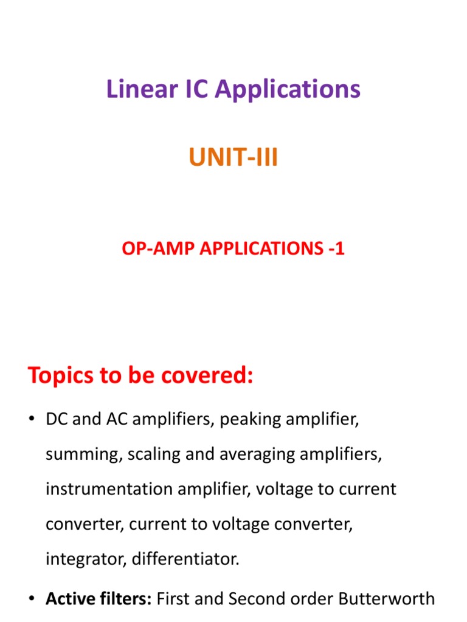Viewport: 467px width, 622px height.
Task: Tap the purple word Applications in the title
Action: point(288,90)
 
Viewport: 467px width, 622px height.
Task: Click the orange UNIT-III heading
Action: point(233,158)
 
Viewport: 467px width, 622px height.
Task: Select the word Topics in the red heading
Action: point(63,376)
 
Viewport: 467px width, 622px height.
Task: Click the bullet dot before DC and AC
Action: point(32,420)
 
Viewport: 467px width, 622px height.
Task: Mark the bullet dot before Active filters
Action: point(32,600)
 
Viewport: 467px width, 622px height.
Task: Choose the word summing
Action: point(83,454)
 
